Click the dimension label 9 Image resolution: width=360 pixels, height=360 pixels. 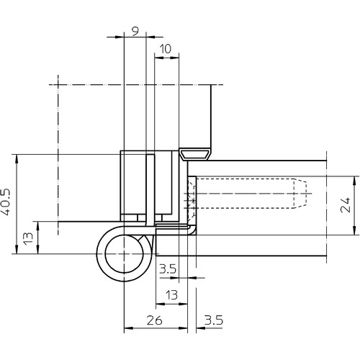[x=135, y=32]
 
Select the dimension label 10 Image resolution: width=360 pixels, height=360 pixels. [x=166, y=49]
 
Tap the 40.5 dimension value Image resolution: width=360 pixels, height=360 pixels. [x=6, y=202]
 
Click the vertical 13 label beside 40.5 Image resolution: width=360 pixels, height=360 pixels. [x=29, y=238]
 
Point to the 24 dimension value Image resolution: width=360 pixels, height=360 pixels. [x=346, y=205]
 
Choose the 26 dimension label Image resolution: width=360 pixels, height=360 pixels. [x=155, y=320]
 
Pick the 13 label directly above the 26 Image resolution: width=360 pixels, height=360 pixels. [x=172, y=295]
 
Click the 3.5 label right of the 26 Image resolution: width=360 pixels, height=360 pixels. [x=214, y=320]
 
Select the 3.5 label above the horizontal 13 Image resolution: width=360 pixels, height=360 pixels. [x=168, y=269]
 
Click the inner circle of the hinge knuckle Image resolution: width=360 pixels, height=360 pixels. [x=124, y=254]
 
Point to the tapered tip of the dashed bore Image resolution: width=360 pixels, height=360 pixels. [x=300, y=193]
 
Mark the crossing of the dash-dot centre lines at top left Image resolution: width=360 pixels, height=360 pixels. [x=58, y=85]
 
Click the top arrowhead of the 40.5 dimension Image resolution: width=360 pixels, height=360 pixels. [x=17, y=158]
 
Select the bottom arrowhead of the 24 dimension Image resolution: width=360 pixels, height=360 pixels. [x=354, y=230]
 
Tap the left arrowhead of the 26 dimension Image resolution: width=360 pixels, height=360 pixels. [x=128, y=328]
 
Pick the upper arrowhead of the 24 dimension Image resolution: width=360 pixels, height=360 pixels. [x=354, y=180]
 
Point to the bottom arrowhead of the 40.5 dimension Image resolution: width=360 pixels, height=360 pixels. [x=17, y=250]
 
